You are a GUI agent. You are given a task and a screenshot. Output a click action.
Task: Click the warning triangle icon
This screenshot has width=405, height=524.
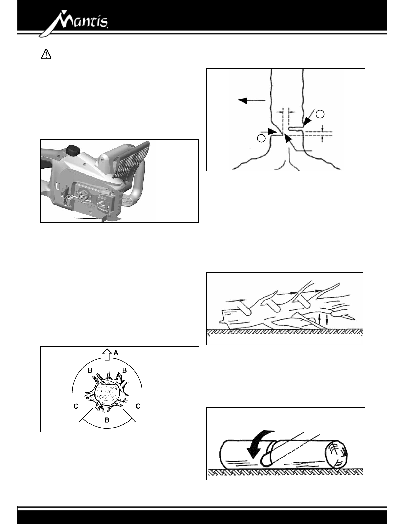(x=46, y=54)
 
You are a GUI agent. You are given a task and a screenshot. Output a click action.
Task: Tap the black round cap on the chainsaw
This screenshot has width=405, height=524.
(x=72, y=150)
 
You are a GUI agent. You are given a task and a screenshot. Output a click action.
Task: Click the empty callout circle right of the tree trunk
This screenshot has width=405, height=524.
(x=320, y=114)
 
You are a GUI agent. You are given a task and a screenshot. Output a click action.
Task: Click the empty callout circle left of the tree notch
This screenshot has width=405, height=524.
(x=261, y=138)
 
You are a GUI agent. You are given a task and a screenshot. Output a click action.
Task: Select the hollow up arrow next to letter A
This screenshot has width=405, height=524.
(x=106, y=355)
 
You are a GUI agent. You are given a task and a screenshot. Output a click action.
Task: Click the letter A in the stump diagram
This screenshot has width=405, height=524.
(x=116, y=353)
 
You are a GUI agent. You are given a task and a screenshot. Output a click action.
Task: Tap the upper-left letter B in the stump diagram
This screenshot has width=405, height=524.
(x=90, y=371)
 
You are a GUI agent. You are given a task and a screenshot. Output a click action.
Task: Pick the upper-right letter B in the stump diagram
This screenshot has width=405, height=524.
(x=125, y=370)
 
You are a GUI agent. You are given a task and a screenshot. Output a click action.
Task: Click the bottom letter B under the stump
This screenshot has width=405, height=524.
(x=107, y=420)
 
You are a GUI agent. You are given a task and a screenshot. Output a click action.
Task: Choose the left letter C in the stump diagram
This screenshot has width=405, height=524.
(x=76, y=406)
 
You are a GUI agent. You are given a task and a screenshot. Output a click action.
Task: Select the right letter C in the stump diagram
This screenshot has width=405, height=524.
(x=138, y=406)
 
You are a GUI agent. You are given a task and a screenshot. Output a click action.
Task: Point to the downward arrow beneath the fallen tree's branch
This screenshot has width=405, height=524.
(x=327, y=320)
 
